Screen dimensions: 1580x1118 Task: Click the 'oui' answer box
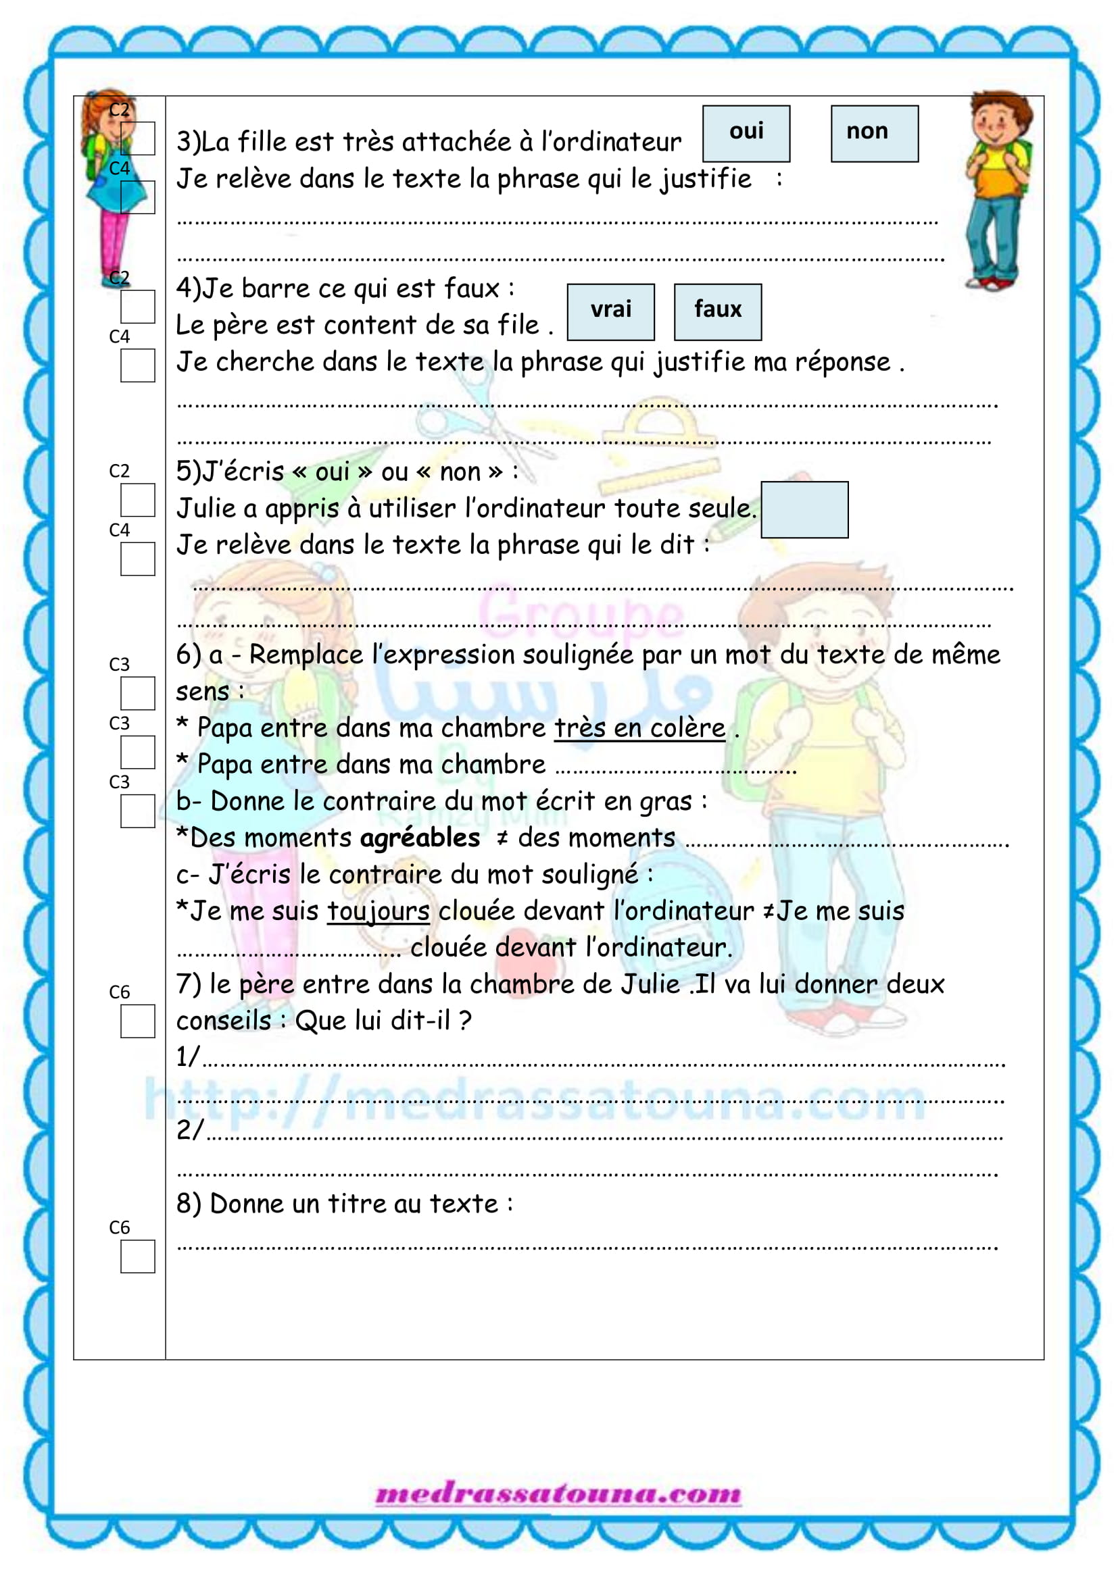[746, 134]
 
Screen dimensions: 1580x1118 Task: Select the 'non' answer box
[873, 134]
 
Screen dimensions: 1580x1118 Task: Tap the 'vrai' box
[610, 311]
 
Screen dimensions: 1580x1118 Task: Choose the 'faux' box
[717, 311]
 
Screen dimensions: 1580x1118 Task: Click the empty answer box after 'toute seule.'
[804, 509]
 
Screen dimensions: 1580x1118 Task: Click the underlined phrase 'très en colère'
[639, 728]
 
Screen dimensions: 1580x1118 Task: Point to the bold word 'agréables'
[419, 838]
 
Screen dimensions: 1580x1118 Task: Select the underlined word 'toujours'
[378, 911]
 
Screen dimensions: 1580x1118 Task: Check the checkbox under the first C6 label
[138, 1021]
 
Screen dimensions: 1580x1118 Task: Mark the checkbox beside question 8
[138, 1256]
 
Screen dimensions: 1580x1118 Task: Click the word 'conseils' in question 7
[224, 1021]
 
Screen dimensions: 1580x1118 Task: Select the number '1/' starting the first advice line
[187, 1056]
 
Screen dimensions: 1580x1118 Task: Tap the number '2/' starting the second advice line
[189, 1129]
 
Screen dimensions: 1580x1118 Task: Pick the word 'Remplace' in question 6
[306, 655]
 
